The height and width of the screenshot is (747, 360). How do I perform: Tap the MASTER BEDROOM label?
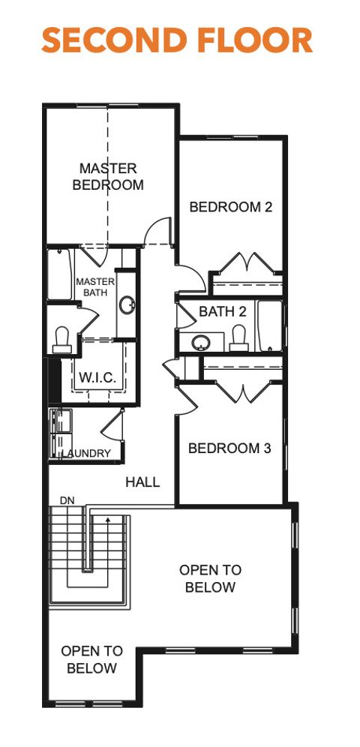click(108, 176)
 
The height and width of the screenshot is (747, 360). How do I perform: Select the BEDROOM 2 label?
click(230, 207)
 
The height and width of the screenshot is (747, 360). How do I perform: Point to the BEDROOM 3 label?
click(229, 448)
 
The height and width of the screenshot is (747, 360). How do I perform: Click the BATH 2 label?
click(223, 311)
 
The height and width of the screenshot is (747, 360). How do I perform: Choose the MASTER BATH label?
click(95, 287)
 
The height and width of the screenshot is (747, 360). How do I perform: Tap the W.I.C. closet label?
click(98, 377)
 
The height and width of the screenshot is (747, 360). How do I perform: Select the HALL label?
click(142, 482)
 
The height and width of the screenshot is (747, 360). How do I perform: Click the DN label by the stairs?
click(67, 500)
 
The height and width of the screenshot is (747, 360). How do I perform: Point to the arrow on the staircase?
click(108, 519)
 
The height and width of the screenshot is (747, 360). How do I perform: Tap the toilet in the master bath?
click(61, 339)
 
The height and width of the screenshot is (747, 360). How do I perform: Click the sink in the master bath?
click(127, 306)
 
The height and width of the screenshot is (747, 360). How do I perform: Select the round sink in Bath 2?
click(200, 343)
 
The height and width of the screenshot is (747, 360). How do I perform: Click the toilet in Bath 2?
click(239, 337)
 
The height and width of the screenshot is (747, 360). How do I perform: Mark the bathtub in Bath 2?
click(269, 326)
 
